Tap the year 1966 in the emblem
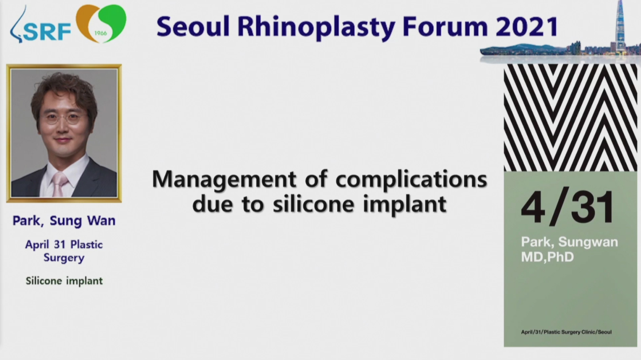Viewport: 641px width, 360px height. click(100, 33)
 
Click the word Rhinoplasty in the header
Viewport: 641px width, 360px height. click(316, 27)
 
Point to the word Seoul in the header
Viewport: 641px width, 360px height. click(193, 26)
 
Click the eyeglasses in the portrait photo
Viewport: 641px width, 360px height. click(63, 118)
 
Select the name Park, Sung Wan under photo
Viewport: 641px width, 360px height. click(64, 221)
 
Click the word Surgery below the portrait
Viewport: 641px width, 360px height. click(64, 258)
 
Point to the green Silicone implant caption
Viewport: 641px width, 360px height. click(64, 281)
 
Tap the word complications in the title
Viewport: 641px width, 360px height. click(411, 180)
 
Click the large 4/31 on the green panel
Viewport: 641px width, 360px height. click(568, 207)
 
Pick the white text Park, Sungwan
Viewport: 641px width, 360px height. click(569, 242)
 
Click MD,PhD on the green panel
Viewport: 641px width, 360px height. click(548, 257)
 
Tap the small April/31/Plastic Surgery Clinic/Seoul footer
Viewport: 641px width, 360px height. click(566, 332)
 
